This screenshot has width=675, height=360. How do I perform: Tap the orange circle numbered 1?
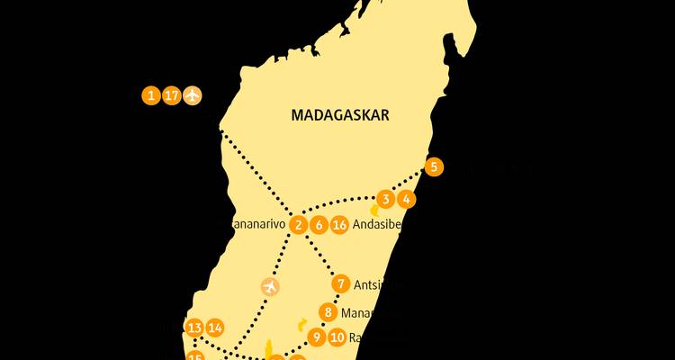click(x=151, y=94)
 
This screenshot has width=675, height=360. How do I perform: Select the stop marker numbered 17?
click(x=172, y=94)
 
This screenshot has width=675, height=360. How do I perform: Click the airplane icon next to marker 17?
click(x=193, y=94)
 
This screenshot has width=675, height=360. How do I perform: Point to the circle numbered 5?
click(x=434, y=166)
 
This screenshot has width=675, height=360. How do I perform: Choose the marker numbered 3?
click(x=386, y=199)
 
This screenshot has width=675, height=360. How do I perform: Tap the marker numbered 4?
click(x=407, y=199)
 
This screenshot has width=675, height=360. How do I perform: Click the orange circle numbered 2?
click(x=299, y=225)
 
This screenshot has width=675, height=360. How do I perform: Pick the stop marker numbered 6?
click(x=319, y=225)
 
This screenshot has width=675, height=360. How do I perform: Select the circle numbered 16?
click(x=339, y=225)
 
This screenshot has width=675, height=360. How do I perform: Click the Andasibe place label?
click(x=377, y=225)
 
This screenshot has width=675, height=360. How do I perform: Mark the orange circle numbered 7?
click(x=340, y=284)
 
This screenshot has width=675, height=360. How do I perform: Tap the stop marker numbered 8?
click(x=328, y=313)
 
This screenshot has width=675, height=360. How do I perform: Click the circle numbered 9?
click(x=316, y=337)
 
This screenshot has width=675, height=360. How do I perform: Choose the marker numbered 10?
click(x=337, y=337)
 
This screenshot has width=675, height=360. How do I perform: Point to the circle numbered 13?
click(x=194, y=327)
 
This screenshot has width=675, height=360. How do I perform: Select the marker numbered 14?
click(x=215, y=327)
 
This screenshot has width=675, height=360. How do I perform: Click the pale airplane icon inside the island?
click(x=269, y=286)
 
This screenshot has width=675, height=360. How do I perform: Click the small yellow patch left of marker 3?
click(x=374, y=210)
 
